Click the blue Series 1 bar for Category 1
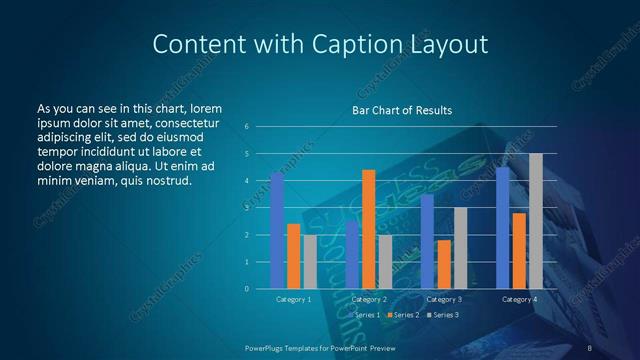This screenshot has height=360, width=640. click(x=277, y=231)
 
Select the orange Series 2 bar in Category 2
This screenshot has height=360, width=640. click(x=368, y=229)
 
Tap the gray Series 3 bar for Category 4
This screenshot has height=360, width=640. click(x=536, y=221)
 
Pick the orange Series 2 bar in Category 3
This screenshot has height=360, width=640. click(x=443, y=264)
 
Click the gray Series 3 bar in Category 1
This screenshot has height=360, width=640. click(x=310, y=262)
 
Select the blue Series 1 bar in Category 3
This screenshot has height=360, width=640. click(x=427, y=241)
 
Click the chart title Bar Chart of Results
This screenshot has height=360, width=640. click(x=402, y=111)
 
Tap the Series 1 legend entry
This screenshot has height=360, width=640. click(x=365, y=315)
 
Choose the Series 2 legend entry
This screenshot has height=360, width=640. click(x=403, y=315)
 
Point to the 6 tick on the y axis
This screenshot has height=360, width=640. click(x=247, y=127)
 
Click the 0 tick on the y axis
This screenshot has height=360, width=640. click(x=247, y=289)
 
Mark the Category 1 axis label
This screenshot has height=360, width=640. click(x=293, y=299)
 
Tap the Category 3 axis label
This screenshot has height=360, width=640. click(x=443, y=299)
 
